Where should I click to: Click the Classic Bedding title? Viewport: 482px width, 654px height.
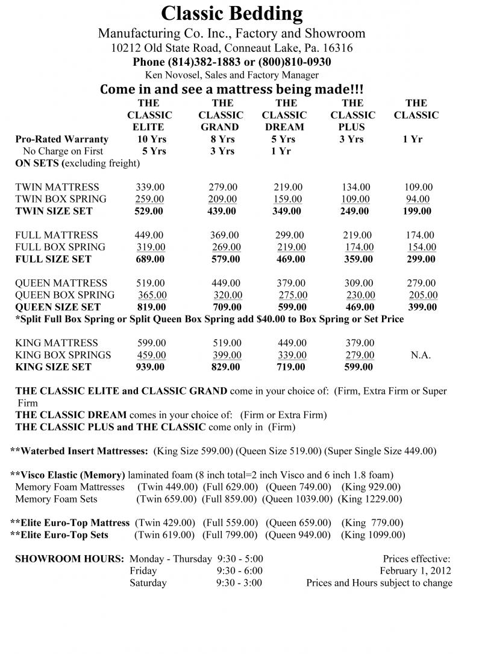[232, 13]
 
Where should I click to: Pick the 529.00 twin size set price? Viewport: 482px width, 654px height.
[148, 211]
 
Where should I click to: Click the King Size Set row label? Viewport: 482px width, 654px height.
[53, 367]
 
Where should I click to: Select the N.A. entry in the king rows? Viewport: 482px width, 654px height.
[421, 355]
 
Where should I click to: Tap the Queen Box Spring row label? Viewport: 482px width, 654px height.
[64, 295]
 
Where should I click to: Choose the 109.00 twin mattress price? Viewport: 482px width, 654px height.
[418, 187]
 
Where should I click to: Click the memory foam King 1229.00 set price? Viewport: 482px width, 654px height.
[369, 499]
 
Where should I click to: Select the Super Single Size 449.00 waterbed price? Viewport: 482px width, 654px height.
[380, 451]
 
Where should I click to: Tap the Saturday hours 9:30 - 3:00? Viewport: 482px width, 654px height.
[239, 583]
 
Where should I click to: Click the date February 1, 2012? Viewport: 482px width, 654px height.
[415, 571]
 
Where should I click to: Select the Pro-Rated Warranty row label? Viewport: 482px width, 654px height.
[62, 139]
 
